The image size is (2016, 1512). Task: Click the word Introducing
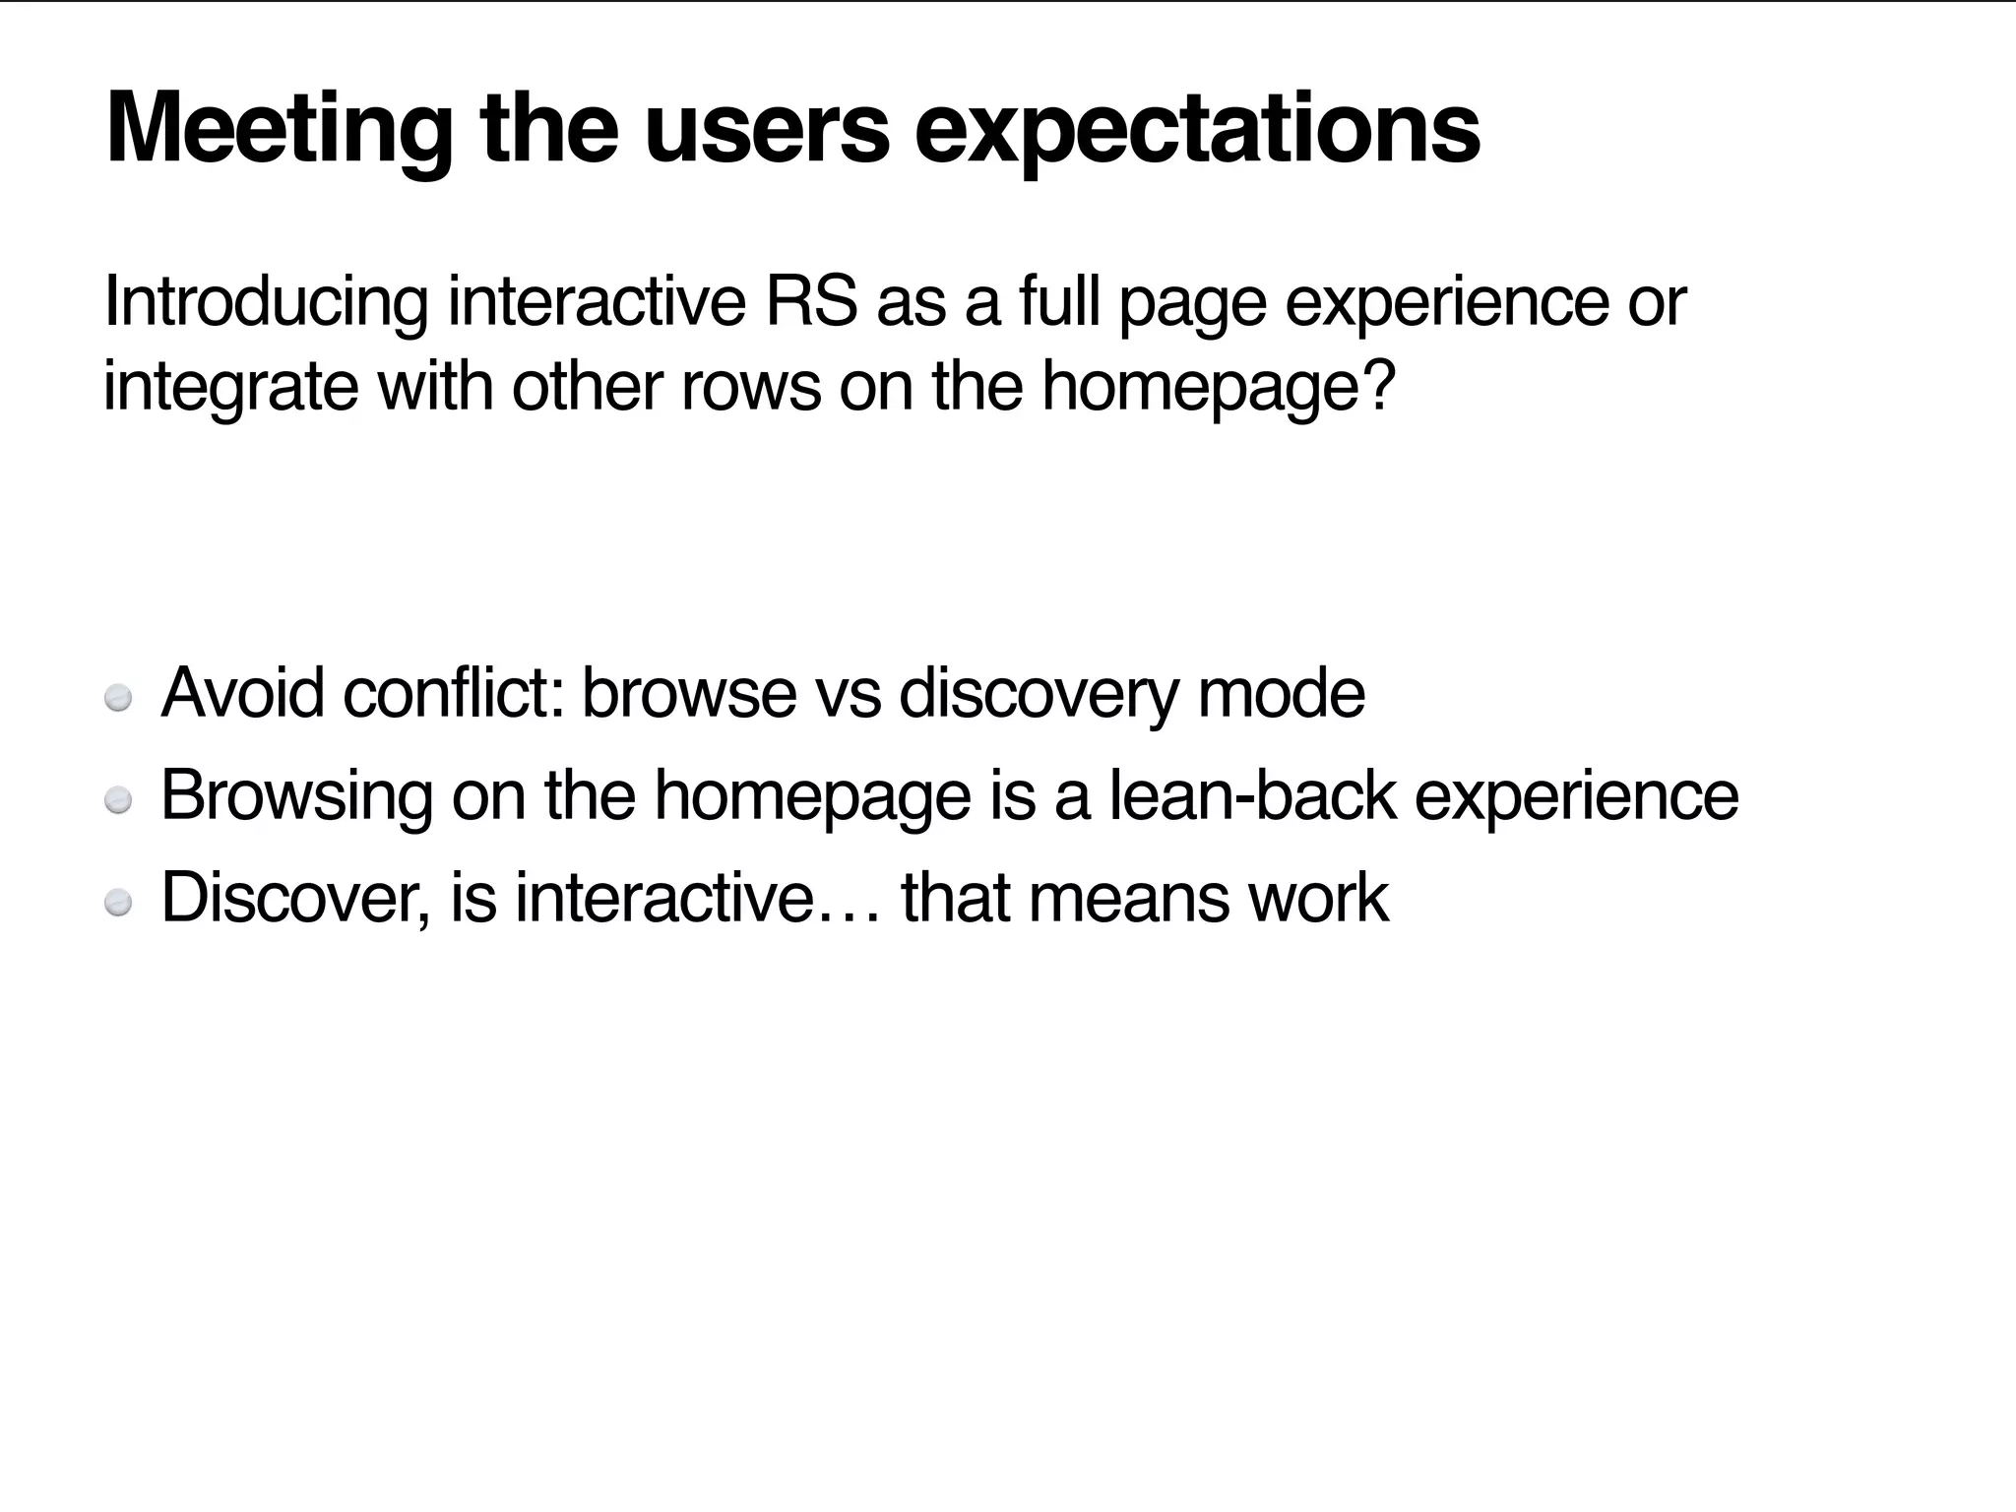pyautogui.click(x=266, y=303)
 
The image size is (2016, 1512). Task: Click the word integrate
pyautogui.click(x=230, y=388)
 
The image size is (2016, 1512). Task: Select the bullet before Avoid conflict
pyautogui.click(x=118, y=698)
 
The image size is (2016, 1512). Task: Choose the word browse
pyautogui.click(x=689, y=693)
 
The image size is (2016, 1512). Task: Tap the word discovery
pyautogui.click(x=1039, y=695)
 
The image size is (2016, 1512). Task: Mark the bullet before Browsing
pyautogui.click(x=118, y=801)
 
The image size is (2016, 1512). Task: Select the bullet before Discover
pyautogui.click(x=118, y=903)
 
